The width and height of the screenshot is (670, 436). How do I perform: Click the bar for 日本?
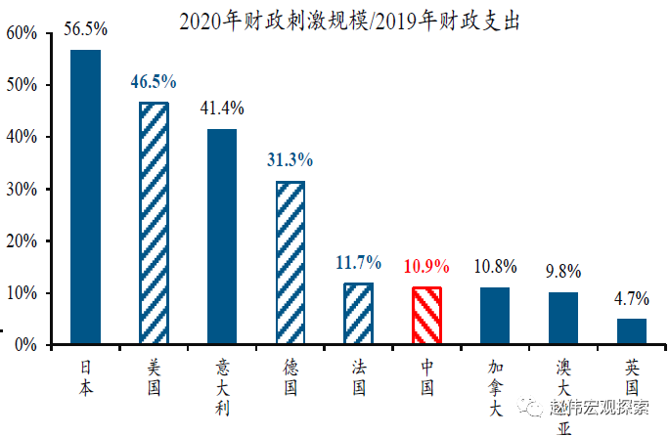(x=85, y=196)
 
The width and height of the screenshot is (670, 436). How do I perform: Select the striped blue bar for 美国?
(x=154, y=223)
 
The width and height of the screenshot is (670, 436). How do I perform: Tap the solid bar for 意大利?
(x=222, y=237)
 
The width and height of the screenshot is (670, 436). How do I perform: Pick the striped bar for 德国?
(x=290, y=262)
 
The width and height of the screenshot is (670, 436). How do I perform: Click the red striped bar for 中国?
(x=426, y=315)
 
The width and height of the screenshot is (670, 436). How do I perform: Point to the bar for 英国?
(x=632, y=331)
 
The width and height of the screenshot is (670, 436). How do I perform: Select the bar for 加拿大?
(x=495, y=315)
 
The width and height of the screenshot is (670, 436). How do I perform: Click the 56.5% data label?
(x=85, y=29)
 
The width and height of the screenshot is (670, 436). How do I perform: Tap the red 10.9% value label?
(x=426, y=266)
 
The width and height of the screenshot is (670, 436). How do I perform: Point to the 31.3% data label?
(x=290, y=160)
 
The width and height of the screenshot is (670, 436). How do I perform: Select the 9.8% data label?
(x=563, y=271)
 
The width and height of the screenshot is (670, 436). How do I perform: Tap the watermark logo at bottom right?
(x=529, y=405)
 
